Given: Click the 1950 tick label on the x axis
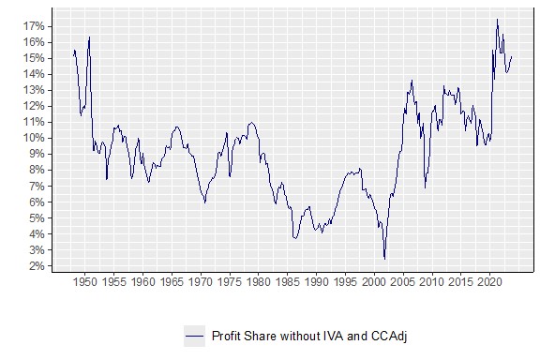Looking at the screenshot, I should [x=84, y=281].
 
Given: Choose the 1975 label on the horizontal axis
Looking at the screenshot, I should [x=229, y=281].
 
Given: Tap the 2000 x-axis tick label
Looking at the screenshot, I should [x=374, y=281].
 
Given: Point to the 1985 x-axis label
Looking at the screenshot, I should [x=287, y=281].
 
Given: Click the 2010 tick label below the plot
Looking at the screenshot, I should [x=432, y=281].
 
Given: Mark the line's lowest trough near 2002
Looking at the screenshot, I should [x=384, y=258].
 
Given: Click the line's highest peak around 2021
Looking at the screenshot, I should [x=497, y=20].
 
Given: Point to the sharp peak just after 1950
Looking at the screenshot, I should [x=89, y=37].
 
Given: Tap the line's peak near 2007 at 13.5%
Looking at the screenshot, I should [x=412, y=81].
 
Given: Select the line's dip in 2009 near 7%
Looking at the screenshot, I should [x=425, y=187].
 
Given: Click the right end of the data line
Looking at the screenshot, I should [x=512, y=56].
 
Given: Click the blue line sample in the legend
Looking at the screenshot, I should [x=194, y=335].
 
